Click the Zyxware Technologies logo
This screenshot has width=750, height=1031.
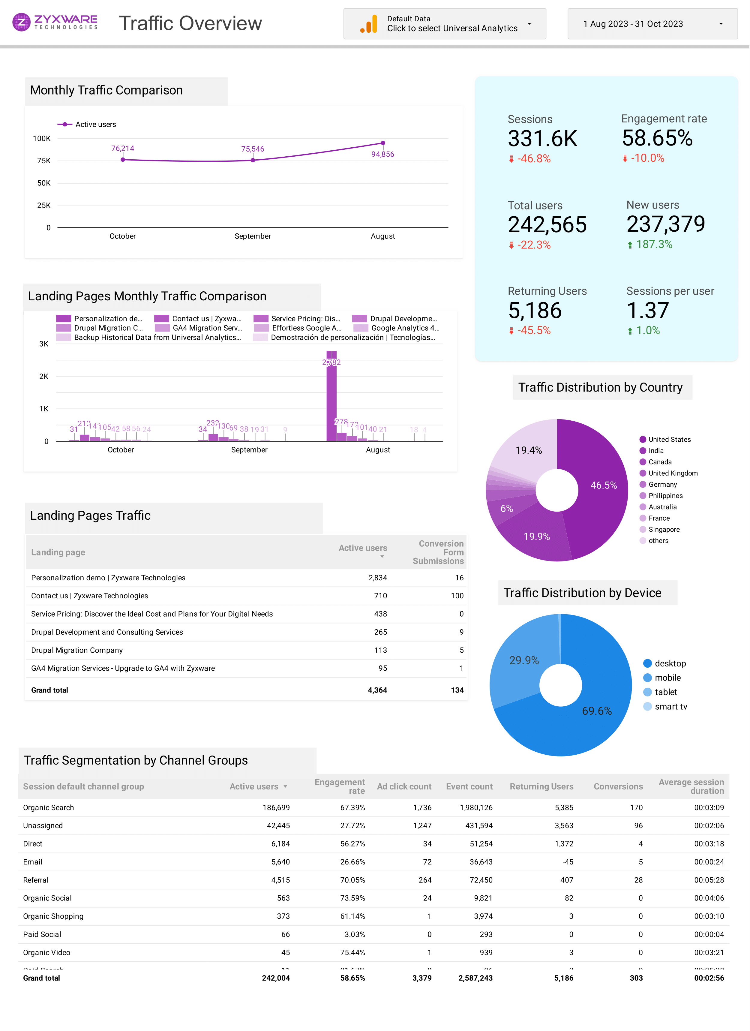point(55,22)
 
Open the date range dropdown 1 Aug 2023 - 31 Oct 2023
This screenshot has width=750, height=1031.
point(652,24)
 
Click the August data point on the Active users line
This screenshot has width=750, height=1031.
point(383,143)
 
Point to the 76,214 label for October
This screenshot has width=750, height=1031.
point(123,149)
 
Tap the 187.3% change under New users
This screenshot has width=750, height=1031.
point(654,245)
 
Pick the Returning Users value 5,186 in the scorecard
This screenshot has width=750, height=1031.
point(535,311)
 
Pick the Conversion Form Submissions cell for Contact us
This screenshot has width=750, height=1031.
point(457,596)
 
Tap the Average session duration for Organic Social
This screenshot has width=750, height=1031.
point(709,898)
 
